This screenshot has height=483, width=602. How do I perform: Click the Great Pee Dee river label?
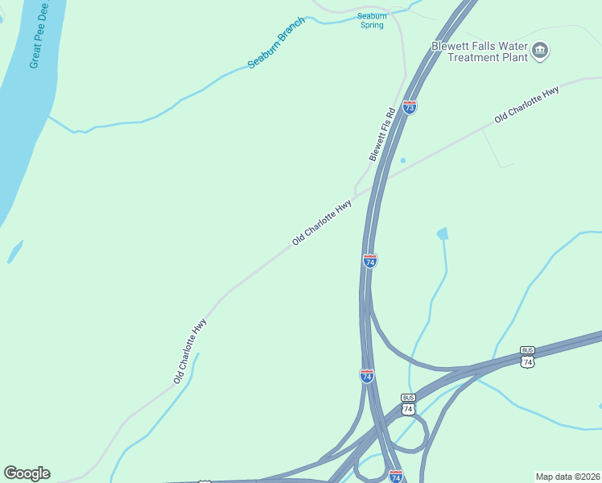pos(39,35)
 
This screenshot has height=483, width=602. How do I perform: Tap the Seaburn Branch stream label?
pos(276,42)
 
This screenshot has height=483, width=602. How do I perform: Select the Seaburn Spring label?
pos(371,20)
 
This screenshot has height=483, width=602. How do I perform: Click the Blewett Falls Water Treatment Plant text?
pos(480,52)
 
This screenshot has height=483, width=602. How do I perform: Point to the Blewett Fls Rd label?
pos(382,134)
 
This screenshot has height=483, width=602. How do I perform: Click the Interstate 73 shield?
pos(410,106)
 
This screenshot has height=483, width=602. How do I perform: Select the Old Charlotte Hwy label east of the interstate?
pos(526,105)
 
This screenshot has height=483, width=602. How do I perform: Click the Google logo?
pos(27,473)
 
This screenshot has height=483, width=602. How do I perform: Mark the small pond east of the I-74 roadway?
pos(442,233)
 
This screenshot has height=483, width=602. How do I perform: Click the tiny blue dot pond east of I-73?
pos(402,160)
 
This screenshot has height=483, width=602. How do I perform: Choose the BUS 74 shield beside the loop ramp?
pos(408,404)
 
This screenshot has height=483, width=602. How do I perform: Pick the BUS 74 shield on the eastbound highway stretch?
pos(527,356)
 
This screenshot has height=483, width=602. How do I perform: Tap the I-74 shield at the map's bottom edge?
pos(395,477)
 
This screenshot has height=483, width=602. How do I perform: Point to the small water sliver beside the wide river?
pos(14,251)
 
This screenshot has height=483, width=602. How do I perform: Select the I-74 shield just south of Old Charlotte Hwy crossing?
pos(370,260)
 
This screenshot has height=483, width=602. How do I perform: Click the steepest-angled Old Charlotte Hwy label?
pos(190,351)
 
